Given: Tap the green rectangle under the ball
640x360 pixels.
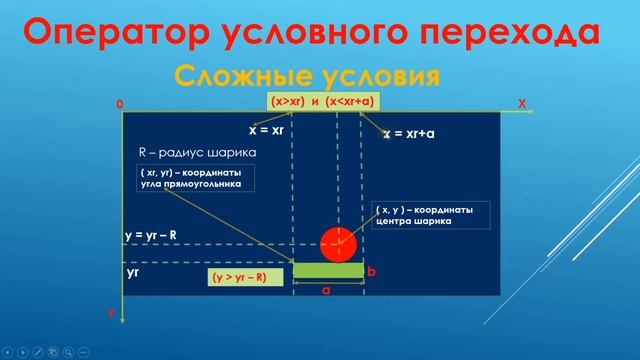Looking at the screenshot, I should point(328,270).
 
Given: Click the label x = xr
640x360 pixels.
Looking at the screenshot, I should point(267,130).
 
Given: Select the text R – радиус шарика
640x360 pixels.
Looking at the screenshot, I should point(196,152).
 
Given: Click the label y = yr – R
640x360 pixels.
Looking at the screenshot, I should point(152,236).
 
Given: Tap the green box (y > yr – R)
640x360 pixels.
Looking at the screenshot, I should point(239,277).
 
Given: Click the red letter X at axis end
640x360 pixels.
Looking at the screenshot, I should point(521,103).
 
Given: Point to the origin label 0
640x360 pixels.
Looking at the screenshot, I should point(119,104).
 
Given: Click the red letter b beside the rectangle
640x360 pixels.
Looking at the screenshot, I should point(371,271).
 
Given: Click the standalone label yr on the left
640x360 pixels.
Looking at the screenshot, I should point(132,270).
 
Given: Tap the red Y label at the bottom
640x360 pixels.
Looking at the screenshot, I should point(111,314).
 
